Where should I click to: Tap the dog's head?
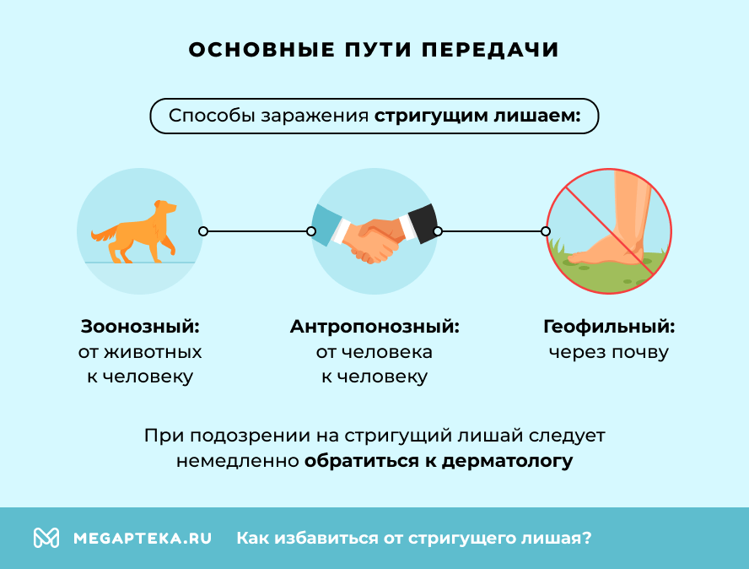[x=165, y=206]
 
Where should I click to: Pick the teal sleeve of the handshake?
[x=326, y=224]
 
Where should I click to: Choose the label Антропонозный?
[x=374, y=327]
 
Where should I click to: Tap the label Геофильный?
[x=609, y=327]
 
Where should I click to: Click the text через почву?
[x=609, y=352]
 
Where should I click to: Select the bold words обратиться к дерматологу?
[x=439, y=461]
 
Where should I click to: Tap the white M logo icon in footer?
[x=46, y=538]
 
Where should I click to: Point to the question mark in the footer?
[x=586, y=538]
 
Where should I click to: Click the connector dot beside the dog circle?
[x=202, y=230]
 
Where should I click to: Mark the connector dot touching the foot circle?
[x=546, y=230]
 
